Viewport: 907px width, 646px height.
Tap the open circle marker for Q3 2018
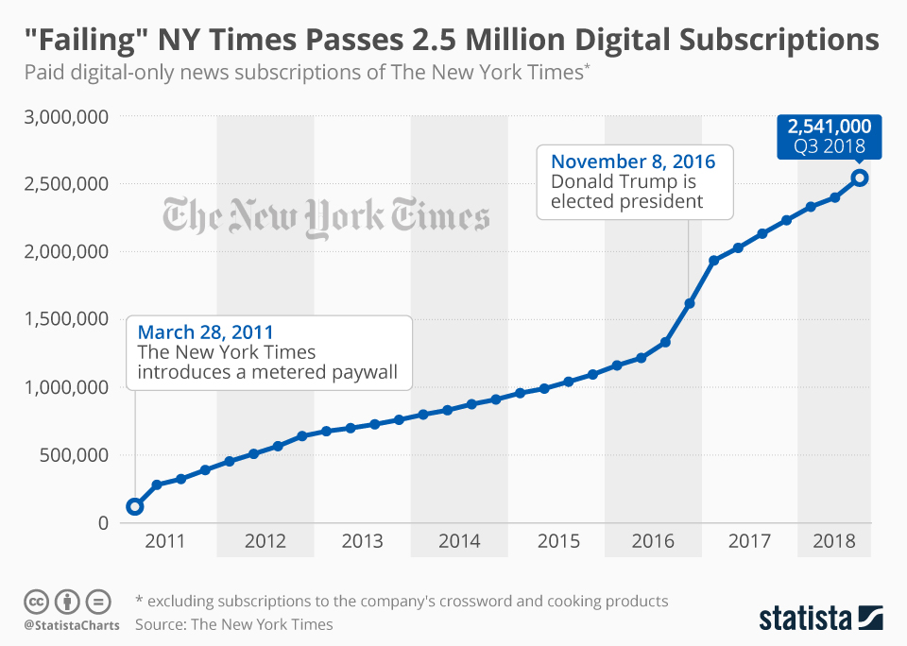click(x=860, y=178)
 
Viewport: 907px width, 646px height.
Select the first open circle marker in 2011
click(x=135, y=506)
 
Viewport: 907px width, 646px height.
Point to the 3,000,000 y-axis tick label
click(x=64, y=117)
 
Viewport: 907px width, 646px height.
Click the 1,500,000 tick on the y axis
click(x=64, y=319)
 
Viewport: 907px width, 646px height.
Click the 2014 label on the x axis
click(x=459, y=542)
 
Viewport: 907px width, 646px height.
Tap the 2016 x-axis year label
click(x=653, y=542)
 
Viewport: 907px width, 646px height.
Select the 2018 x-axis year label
click(x=834, y=542)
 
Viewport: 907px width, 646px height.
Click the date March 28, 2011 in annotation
click(x=205, y=332)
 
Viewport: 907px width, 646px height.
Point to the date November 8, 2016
click(x=633, y=161)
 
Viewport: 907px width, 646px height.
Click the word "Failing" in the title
click(x=85, y=40)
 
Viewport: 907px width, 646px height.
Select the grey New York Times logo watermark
click(x=326, y=215)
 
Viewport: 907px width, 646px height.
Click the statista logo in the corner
click(x=820, y=619)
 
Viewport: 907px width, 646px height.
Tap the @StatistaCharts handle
click(x=71, y=625)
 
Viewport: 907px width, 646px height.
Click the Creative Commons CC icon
click(x=36, y=601)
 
